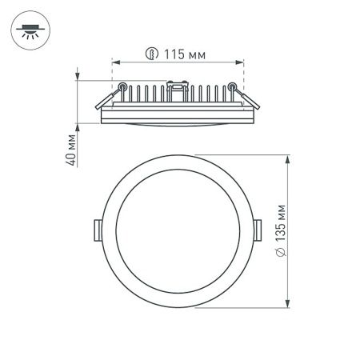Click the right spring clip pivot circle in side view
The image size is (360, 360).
coord(233,86)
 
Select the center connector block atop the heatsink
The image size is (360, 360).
coord(177,84)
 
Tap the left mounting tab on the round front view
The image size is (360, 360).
coord(96,230)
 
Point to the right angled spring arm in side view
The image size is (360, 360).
coord(249,101)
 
